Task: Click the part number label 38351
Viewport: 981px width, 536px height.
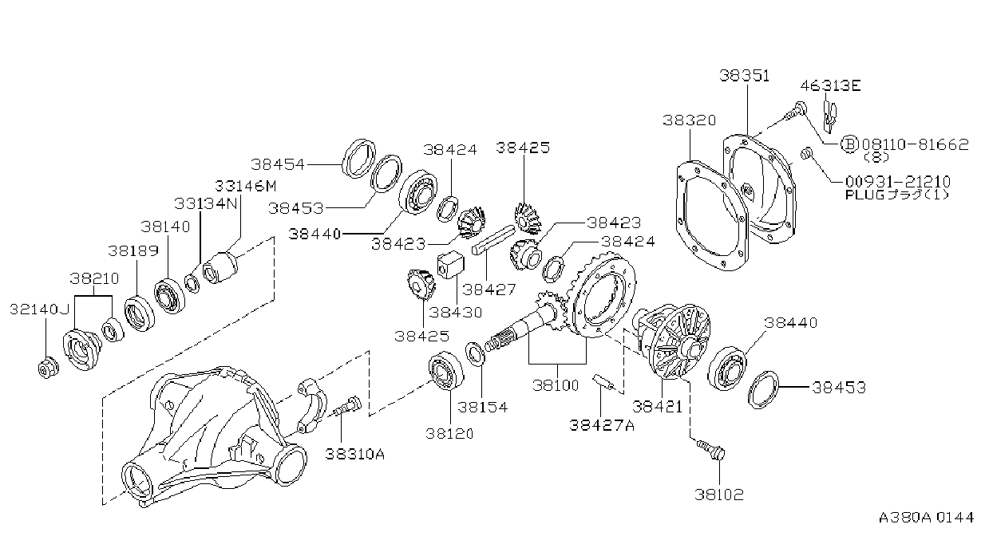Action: pos(744,76)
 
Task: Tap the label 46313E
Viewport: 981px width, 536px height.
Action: pos(830,85)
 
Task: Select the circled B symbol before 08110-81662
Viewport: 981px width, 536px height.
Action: pos(849,144)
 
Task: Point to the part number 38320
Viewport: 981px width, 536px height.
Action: pos(690,120)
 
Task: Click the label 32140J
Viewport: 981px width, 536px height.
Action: pos(39,309)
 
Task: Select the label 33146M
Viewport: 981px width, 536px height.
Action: pos(245,186)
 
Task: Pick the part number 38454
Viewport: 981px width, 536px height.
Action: pos(278,164)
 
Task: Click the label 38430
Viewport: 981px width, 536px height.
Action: pos(456,312)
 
